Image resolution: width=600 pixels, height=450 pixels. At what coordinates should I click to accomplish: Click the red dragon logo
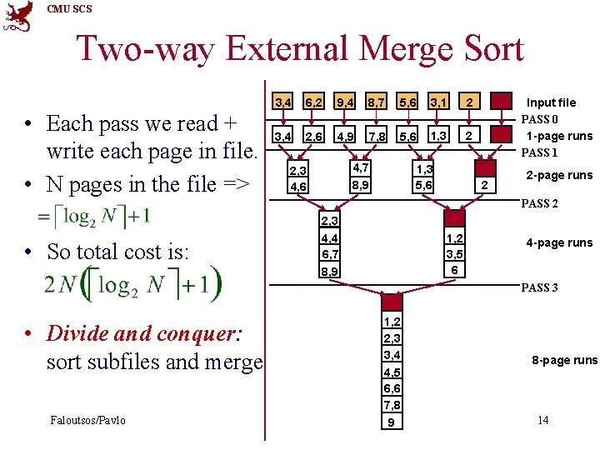click(x=17, y=16)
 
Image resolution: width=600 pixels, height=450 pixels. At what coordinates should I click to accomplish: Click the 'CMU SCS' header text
click(x=70, y=9)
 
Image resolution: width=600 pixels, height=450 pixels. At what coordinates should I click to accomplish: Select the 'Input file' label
click(x=550, y=102)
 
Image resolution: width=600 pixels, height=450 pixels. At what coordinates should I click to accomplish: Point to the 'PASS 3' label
click(x=539, y=287)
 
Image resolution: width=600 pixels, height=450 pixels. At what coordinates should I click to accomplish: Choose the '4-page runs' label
click(x=559, y=242)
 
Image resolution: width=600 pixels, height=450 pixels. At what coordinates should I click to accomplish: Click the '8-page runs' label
click(x=565, y=360)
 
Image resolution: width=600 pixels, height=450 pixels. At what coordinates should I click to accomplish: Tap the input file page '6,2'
click(x=313, y=102)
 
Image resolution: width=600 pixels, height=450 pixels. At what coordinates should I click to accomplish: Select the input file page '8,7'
click(x=377, y=102)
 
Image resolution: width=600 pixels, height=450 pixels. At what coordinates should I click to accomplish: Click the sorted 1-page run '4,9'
click(x=345, y=136)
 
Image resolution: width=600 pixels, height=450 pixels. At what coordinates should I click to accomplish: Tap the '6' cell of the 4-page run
click(x=454, y=271)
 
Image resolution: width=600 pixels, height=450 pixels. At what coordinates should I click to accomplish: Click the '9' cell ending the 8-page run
click(x=392, y=422)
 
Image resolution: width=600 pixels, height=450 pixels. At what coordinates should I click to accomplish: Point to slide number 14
click(x=542, y=419)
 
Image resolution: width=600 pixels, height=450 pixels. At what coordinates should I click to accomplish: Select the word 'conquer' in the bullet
click(x=196, y=334)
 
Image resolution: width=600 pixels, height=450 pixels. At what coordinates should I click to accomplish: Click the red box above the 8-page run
click(x=392, y=302)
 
